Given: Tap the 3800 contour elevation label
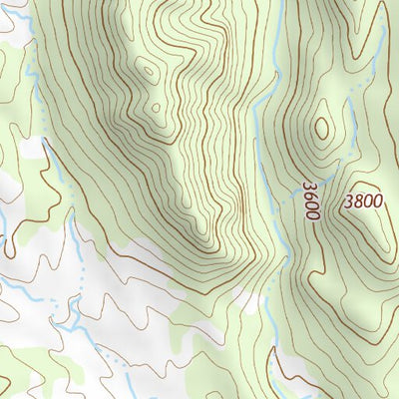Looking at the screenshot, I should pyautogui.click(x=362, y=200).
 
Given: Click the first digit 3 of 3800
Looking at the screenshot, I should pyautogui.click(x=348, y=200).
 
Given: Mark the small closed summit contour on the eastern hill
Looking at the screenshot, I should pyautogui.click(x=321, y=128).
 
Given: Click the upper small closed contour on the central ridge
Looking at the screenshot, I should pyautogui.click(x=149, y=71).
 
